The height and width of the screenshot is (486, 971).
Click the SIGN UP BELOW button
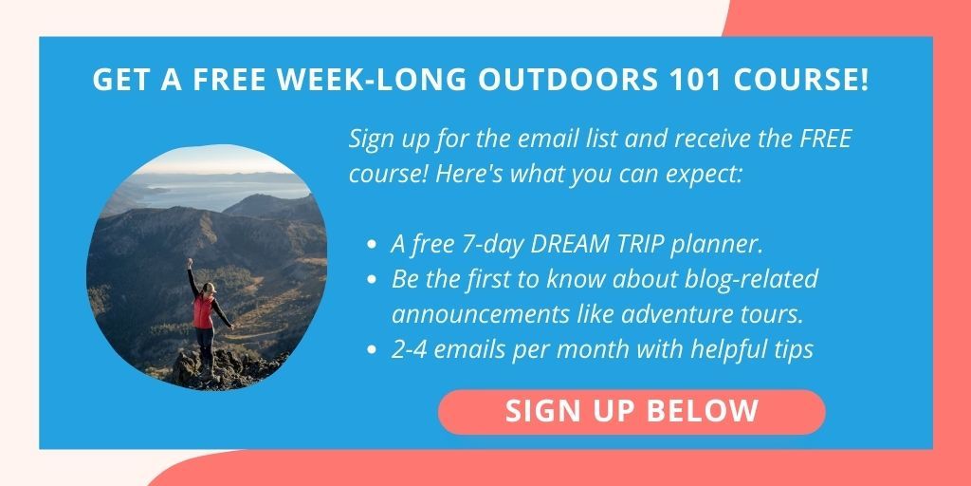tap(632, 412)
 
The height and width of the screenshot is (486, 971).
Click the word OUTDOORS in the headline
tap(566, 80)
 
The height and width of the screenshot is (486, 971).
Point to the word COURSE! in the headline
tap(798, 80)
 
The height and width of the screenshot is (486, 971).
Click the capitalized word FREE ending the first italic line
tap(826, 139)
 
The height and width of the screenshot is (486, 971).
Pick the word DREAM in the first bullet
tap(569, 245)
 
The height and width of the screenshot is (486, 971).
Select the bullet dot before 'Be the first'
tap(372, 280)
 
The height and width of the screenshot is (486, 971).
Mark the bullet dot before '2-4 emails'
tap(372, 349)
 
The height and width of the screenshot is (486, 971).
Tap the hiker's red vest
tap(203, 311)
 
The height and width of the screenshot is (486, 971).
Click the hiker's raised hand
tap(190, 262)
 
